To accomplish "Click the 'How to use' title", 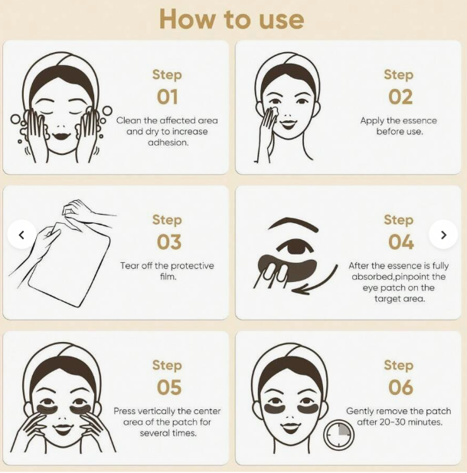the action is point(231,19).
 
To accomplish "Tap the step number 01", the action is point(167,97).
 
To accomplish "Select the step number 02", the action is point(400,97).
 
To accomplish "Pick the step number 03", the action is point(169,242).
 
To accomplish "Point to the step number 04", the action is point(400,242).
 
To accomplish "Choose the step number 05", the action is point(169,387).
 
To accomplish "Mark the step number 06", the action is point(400,387).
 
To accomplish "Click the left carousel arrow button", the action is point(21,235).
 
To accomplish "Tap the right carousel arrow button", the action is point(443,235).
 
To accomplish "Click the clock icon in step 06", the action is point(338,435).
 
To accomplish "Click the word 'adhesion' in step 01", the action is point(168,143).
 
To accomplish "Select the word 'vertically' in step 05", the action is point(156,411).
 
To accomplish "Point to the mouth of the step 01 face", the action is point(62,136).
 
